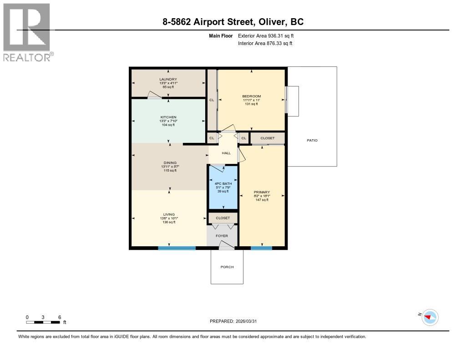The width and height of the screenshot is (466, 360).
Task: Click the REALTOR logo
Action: (x=27, y=32)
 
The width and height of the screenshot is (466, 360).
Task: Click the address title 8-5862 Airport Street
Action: (x=233, y=21)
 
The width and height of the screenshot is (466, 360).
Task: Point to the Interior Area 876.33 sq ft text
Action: (x=265, y=43)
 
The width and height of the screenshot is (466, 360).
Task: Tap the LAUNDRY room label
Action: (x=168, y=80)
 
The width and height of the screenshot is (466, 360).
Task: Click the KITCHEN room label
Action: (x=168, y=117)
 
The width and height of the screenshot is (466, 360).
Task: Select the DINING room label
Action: (x=170, y=163)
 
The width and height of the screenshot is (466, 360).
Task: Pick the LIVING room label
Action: (x=169, y=214)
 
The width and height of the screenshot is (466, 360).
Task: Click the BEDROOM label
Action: (x=251, y=96)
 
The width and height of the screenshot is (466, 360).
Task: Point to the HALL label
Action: (x=226, y=153)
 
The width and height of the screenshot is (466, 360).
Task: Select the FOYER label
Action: (x=222, y=236)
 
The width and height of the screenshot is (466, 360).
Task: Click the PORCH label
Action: (x=227, y=267)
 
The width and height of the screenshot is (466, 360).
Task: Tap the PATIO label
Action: (x=312, y=140)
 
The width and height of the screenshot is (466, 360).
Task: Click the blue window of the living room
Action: (x=177, y=248)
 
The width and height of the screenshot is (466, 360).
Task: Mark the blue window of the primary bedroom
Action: (x=261, y=248)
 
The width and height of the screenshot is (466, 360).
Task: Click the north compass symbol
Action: (x=429, y=317)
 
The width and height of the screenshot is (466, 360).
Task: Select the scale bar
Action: (x=43, y=322)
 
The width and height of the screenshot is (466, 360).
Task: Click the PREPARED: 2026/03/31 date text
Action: (x=236, y=321)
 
